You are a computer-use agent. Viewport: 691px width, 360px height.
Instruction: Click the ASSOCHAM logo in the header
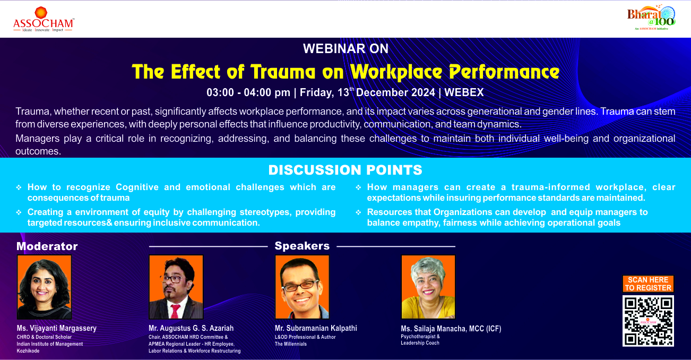point(43,20)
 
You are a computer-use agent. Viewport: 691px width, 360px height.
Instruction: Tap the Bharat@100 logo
point(651,18)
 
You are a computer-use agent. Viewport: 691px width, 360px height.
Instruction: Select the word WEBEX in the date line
point(464,92)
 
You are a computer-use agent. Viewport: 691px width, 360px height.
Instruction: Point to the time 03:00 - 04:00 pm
point(248,92)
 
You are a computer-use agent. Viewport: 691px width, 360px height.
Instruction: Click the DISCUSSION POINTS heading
point(345,170)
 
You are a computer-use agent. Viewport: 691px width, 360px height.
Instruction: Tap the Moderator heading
point(47,246)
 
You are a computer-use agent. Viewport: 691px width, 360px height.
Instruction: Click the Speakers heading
point(302,246)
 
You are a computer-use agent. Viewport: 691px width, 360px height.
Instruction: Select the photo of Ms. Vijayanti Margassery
point(45,287)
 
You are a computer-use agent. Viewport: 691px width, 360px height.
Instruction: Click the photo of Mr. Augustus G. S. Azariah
point(176,287)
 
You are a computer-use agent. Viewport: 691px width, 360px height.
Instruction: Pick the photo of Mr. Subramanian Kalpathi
point(302,287)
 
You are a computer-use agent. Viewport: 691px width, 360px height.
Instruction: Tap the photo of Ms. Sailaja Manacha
point(428,287)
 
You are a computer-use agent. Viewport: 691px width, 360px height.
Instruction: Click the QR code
point(648,321)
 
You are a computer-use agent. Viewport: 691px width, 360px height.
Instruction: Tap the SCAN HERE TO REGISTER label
point(648,284)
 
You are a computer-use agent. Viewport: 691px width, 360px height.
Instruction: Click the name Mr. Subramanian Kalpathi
point(316,328)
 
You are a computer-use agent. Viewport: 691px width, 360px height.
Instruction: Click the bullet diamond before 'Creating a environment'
point(19,212)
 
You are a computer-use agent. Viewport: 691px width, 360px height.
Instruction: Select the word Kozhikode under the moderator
point(28,351)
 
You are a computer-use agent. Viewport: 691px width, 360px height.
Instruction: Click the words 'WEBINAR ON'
point(346,48)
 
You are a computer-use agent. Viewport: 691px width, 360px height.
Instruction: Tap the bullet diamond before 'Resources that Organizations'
point(358,212)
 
